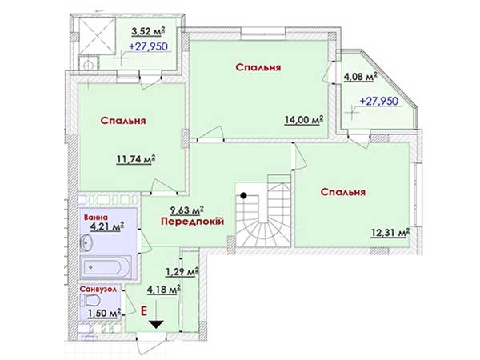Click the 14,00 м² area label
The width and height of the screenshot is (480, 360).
pos(304,120)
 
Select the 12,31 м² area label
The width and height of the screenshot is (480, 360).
pos(390,233)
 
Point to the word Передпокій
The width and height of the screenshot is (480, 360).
pos(193,221)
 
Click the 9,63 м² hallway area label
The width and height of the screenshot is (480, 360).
pos(187,210)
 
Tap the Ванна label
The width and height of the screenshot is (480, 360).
pos(96,218)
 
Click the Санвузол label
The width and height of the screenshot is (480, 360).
pos(98,290)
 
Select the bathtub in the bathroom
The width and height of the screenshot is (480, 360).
pos(106,267)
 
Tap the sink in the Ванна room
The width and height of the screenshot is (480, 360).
pos(86,243)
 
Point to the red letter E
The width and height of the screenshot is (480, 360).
pos(143,311)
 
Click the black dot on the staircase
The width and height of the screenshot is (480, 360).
pos(243,196)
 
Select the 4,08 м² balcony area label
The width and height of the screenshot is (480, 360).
pos(360,77)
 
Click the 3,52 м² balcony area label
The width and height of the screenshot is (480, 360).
pos(148,30)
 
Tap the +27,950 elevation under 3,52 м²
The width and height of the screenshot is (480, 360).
pos(149,46)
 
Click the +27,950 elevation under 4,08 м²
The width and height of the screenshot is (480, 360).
pos(379,101)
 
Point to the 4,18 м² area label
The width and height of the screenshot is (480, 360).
pos(163,290)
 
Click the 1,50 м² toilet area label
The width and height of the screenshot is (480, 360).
pos(104,313)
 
